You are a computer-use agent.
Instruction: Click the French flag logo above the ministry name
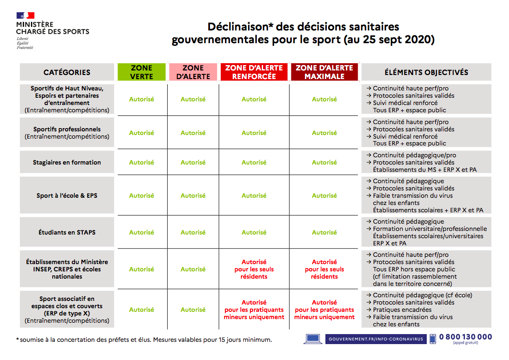[25, 15]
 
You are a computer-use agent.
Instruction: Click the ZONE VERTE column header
[141, 72]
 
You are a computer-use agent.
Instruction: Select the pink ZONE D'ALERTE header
[193, 72]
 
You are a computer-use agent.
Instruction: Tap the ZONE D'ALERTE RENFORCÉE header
[254, 72]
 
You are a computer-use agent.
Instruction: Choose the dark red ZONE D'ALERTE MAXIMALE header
[324, 72]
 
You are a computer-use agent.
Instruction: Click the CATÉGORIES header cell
[67, 72]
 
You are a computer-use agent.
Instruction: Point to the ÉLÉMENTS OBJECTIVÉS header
[426, 72]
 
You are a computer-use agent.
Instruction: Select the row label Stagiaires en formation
[67, 162]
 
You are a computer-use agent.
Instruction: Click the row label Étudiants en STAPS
[67, 232]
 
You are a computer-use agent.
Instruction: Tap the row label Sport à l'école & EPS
[67, 196]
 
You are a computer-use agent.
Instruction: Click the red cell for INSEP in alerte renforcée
[254, 269]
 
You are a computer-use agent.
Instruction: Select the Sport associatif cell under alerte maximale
[324, 310]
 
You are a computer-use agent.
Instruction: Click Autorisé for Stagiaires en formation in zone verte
[141, 162]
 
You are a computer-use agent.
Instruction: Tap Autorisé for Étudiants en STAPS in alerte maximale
[324, 232]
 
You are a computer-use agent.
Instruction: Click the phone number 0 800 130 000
[465, 337]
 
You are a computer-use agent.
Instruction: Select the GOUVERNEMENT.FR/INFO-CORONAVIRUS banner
[376, 339]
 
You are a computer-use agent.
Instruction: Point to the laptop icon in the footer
[313, 339]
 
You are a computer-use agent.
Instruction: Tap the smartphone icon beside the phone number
[433, 339]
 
